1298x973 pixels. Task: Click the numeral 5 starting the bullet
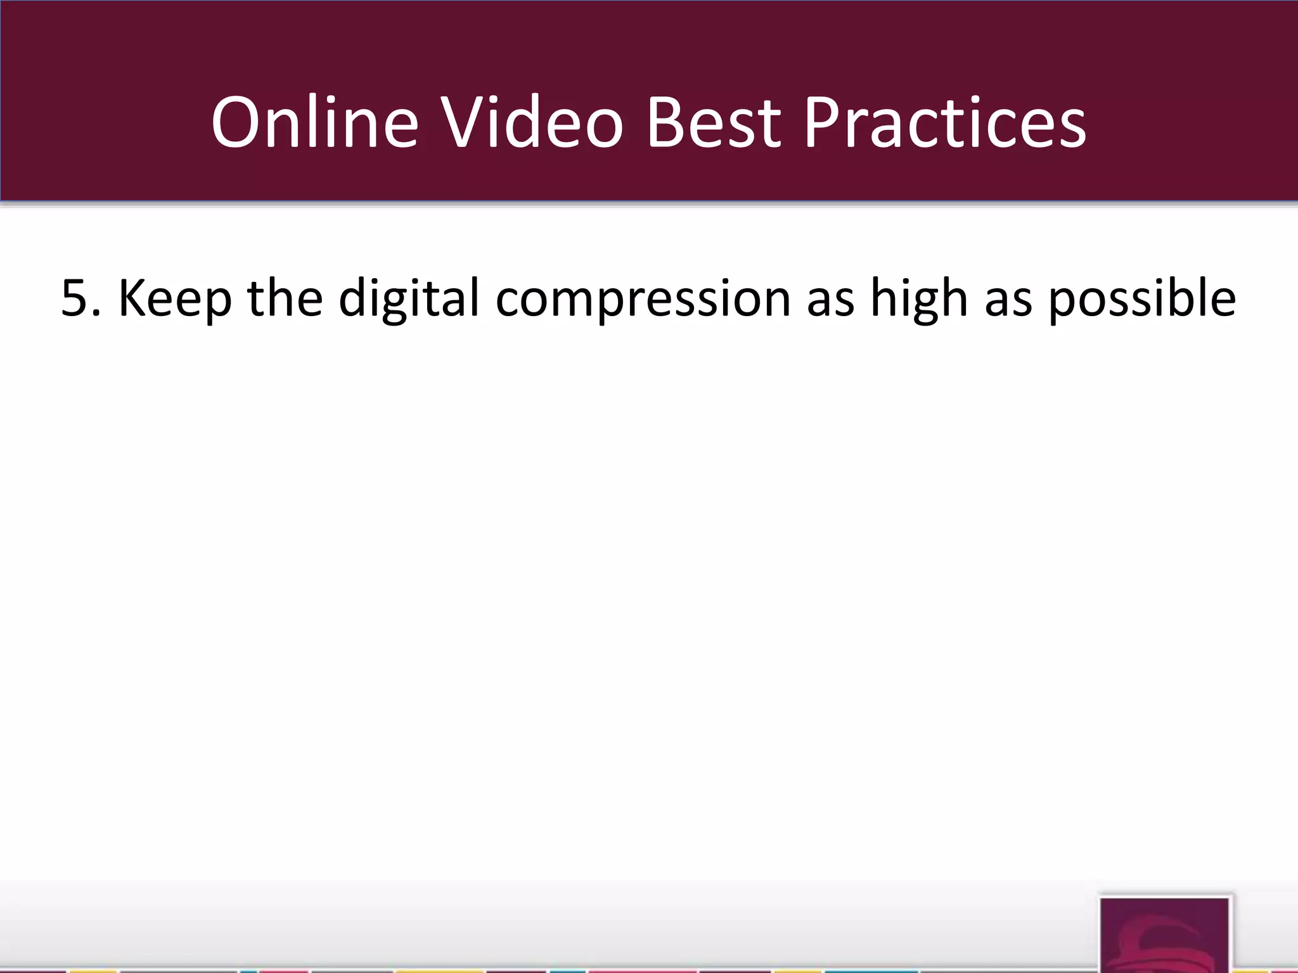74,298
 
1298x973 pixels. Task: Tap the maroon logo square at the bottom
1164,935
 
